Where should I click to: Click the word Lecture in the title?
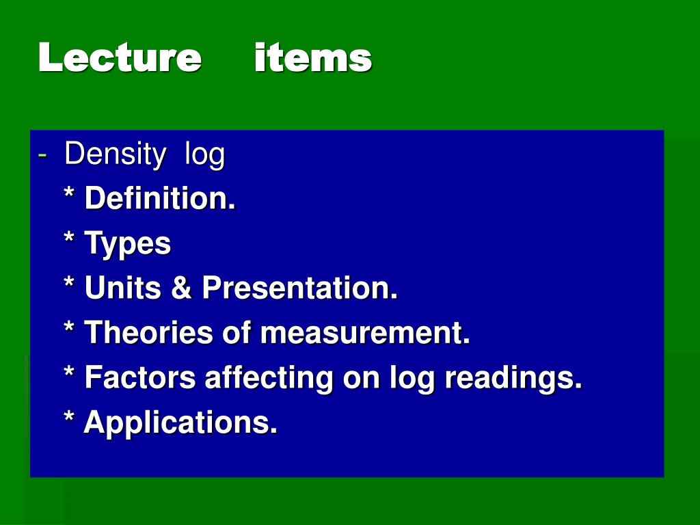(x=120, y=57)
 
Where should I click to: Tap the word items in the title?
(x=313, y=57)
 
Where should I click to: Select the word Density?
(x=115, y=154)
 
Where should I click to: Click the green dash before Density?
(x=42, y=155)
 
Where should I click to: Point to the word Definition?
(x=160, y=198)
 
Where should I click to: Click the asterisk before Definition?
(x=69, y=193)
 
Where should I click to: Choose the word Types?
(x=128, y=244)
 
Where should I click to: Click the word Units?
(x=123, y=287)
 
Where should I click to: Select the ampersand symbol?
(x=182, y=287)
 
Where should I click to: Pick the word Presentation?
(x=299, y=287)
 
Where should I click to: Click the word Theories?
(x=148, y=332)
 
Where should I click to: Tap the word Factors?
(x=140, y=377)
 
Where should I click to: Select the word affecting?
(x=269, y=378)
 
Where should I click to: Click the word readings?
(x=513, y=378)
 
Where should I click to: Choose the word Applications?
(x=180, y=422)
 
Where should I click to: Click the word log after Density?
(x=205, y=155)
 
